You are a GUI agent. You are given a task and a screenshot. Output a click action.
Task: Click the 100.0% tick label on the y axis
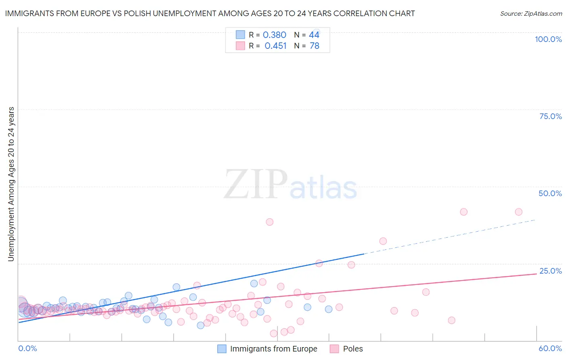pos(548,39)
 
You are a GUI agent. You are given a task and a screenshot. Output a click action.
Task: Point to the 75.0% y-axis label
pos(550,116)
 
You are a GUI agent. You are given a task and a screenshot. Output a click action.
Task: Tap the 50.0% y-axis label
pos(550,193)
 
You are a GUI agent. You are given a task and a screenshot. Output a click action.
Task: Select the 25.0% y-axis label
pos(550,271)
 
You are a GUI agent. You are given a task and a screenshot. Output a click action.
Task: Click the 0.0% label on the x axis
pos(27,348)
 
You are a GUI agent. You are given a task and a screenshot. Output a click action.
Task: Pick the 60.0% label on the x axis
pos(550,348)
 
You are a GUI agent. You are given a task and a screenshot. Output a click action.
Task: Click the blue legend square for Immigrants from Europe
pos(222,349)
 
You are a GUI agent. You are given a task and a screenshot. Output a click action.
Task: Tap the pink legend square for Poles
pos(334,349)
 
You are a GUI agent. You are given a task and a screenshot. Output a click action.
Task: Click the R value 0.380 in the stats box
pos(274,35)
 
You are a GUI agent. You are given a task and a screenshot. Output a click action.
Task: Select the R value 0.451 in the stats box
pos(275,46)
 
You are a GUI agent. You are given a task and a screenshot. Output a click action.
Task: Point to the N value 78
pos(314,46)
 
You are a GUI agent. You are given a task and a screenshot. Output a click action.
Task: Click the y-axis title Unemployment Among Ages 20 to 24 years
pos(11,184)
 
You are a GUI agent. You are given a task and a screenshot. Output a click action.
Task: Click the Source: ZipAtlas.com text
pos(531,14)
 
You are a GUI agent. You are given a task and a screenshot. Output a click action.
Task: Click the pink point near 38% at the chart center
pos(269,222)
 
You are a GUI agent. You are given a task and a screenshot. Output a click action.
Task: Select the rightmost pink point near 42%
pos(519,212)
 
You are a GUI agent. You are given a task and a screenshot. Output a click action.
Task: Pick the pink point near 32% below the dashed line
pos(383,241)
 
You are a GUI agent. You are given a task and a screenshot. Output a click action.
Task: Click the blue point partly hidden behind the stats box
pos(316,32)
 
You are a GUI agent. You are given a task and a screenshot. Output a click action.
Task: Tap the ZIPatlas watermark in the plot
pos(290,184)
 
